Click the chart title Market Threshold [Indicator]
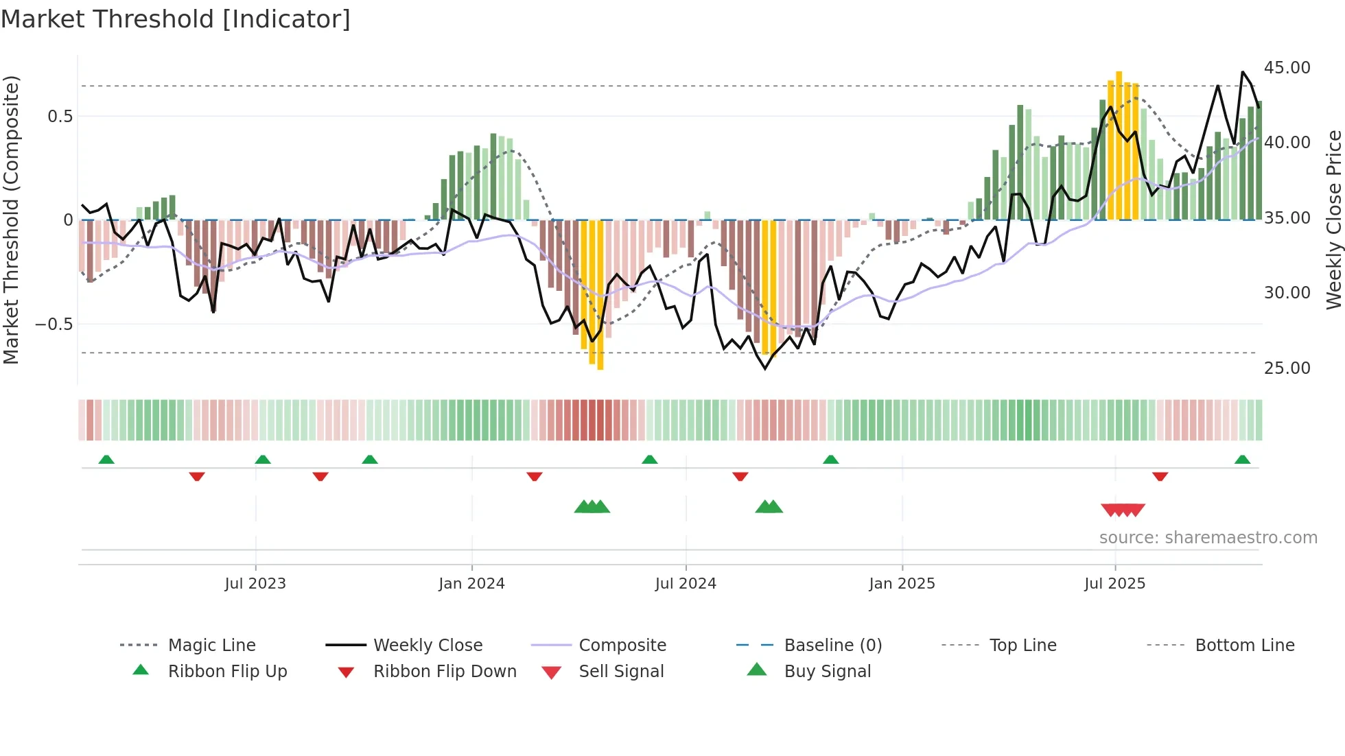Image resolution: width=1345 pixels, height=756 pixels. (x=176, y=19)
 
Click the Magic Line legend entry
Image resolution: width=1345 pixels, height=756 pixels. (x=211, y=646)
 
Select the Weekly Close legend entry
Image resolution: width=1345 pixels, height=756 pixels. (x=428, y=646)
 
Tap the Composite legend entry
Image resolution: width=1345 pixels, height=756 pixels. (x=622, y=646)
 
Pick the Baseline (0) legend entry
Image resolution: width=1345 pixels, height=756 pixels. (x=832, y=646)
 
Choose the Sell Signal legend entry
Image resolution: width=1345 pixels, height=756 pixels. (x=620, y=672)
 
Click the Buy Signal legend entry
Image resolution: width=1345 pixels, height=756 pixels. (x=827, y=672)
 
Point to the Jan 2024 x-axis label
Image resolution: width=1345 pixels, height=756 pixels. (x=471, y=584)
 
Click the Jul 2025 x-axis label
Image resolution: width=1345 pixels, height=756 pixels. (x=1114, y=584)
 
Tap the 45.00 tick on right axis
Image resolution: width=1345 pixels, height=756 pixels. (x=1287, y=68)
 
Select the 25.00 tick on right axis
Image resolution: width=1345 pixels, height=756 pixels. (x=1287, y=368)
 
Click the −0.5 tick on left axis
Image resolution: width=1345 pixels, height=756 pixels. (x=54, y=324)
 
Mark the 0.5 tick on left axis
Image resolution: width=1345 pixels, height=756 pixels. (x=60, y=117)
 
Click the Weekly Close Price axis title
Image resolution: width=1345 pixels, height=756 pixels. (x=1333, y=220)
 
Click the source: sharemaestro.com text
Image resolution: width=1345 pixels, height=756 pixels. (x=1208, y=538)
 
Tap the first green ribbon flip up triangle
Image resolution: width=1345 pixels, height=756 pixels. (x=106, y=460)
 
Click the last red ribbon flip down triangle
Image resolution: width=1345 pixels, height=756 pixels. (x=1160, y=476)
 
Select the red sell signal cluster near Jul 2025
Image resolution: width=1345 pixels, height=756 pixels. (x=1123, y=510)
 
